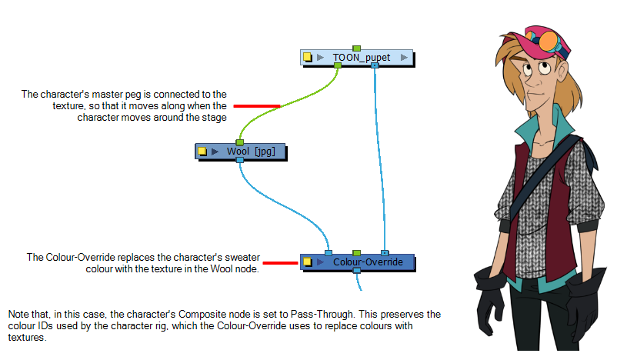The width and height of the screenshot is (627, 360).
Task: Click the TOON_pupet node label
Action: tap(362, 58)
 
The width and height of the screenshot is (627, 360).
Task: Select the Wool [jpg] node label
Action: tap(251, 152)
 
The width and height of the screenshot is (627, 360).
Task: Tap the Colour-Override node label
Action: tap(368, 262)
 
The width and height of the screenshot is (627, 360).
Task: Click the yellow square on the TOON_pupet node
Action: tap(307, 57)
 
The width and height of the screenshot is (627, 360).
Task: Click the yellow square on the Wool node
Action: tap(202, 152)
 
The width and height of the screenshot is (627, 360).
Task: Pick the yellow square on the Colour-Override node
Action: tap(307, 262)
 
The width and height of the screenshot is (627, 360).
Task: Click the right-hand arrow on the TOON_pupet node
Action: tap(404, 58)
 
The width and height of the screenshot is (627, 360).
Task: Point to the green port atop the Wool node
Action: tap(239, 142)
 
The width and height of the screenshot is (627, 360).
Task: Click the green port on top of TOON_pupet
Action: tap(357, 48)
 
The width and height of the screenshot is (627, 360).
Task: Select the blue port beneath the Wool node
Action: tap(239, 160)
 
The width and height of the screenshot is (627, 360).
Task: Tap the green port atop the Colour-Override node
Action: tap(357, 253)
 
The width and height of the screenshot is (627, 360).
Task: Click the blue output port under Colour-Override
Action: tap(357, 271)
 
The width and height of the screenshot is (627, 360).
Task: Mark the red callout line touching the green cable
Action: tap(257, 106)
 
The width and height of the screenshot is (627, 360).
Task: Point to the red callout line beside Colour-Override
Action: tap(280, 263)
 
